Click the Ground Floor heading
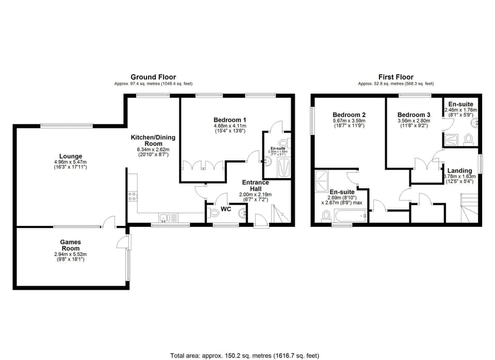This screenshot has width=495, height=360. tap(153, 77)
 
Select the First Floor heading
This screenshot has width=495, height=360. tap(395, 77)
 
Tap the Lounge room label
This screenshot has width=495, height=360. tap(70, 157)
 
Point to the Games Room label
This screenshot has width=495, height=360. tap(70, 245)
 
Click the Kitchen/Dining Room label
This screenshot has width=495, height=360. tap(153, 140)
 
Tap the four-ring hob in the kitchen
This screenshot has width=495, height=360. tap(132, 195)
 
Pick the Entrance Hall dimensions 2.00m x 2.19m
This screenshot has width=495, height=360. tap(255, 194)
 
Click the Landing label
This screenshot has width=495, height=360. tap(459, 171)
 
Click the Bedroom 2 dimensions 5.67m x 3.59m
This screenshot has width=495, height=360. tap(349, 121)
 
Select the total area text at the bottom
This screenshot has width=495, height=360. tap(245, 355)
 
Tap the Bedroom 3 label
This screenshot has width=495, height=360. tap(414, 114)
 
